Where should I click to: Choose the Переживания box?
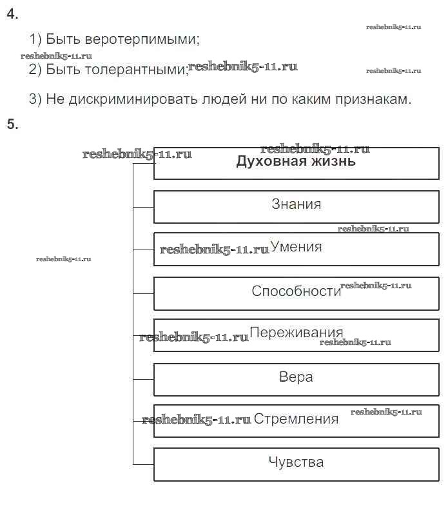click(296, 335)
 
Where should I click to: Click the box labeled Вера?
click(296, 378)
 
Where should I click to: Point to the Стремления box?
click(296, 420)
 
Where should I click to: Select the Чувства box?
click(296, 464)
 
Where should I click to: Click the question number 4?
click(12, 15)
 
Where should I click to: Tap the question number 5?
click(12, 124)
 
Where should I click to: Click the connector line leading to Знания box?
click(143, 207)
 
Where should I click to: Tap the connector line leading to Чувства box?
click(143, 464)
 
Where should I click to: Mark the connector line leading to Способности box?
click(143, 293)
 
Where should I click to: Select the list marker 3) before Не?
click(35, 99)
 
